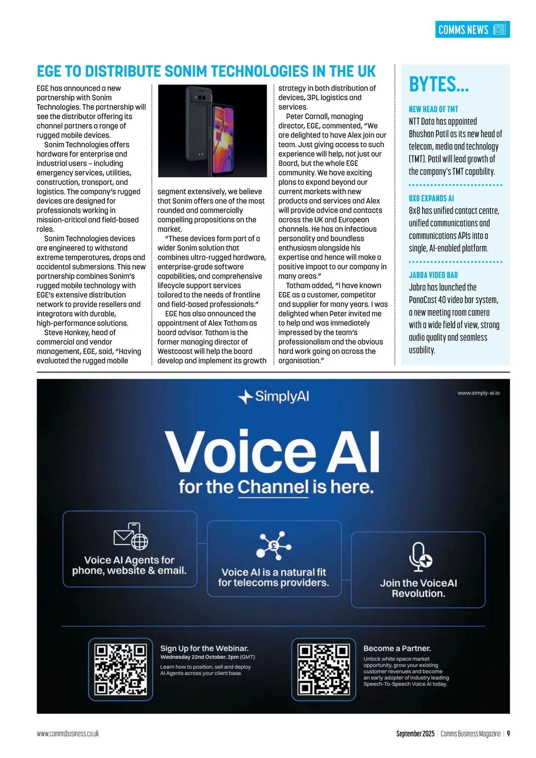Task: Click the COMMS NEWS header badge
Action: pyautogui.click(x=472, y=29)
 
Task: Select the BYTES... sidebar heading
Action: pyautogui.click(x=439, y=84)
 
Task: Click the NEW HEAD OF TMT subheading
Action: pyautogui.click(x=433, y=109)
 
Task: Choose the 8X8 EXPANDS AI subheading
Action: pyautogui.click(x=431, y=198)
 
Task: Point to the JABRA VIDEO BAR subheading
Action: pyautogui.click(x=433, y=275)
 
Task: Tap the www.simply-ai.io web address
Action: pyautogui.click(x=478, y=393)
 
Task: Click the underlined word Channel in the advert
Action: pyautogui.click(x=273, y=487)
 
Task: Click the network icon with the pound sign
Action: pyautogui.click(x=274, y=545)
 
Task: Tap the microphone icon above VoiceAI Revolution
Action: pyautogui.click(x=420, y=556)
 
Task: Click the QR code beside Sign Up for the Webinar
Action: pyautogui.click(x=121, y=669)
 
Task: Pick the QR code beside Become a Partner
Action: pyautogui.click(x=323, y=669)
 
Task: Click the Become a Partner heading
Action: pyautogui.click(x=397, y=648)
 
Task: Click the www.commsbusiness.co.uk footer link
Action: pyautogui.click(x=68, y=733)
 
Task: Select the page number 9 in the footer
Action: pyautogui.click(x=508, y=733)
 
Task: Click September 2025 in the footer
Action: pyautogui.click(x=415, y=733)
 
